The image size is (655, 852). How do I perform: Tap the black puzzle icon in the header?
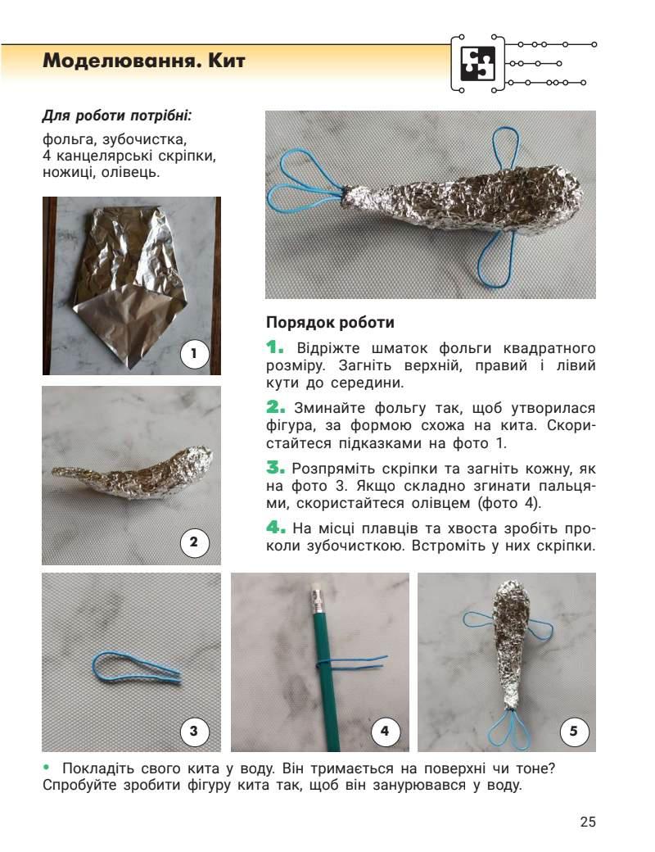pyautogui.click(x=478, y=64)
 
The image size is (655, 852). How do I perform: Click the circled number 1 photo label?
pyautogui.click(x=194, y=354)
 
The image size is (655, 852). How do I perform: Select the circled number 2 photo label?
pyautogui.click(x=194, y=542)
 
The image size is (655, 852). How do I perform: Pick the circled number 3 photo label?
pyautogui.click(x=194, y=731)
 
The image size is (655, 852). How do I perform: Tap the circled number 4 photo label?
pyautogui.click(x=385, y=731)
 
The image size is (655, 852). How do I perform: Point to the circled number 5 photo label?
pyautogui.click(x=573, y=731)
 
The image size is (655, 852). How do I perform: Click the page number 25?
pyautogui.click(x=588, y=822)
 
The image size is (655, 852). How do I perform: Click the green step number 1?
pyautogui.click(x=275, y=347)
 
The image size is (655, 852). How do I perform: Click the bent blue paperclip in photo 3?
pyautogui.click(x=137, y=668)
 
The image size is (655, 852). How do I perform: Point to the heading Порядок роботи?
pyautogui.click(x=330, y=323)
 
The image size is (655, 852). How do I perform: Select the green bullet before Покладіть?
pyautogui.click(x=46, y=768)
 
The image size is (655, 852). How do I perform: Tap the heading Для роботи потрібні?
pyautogui.click(x=117, y=116)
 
